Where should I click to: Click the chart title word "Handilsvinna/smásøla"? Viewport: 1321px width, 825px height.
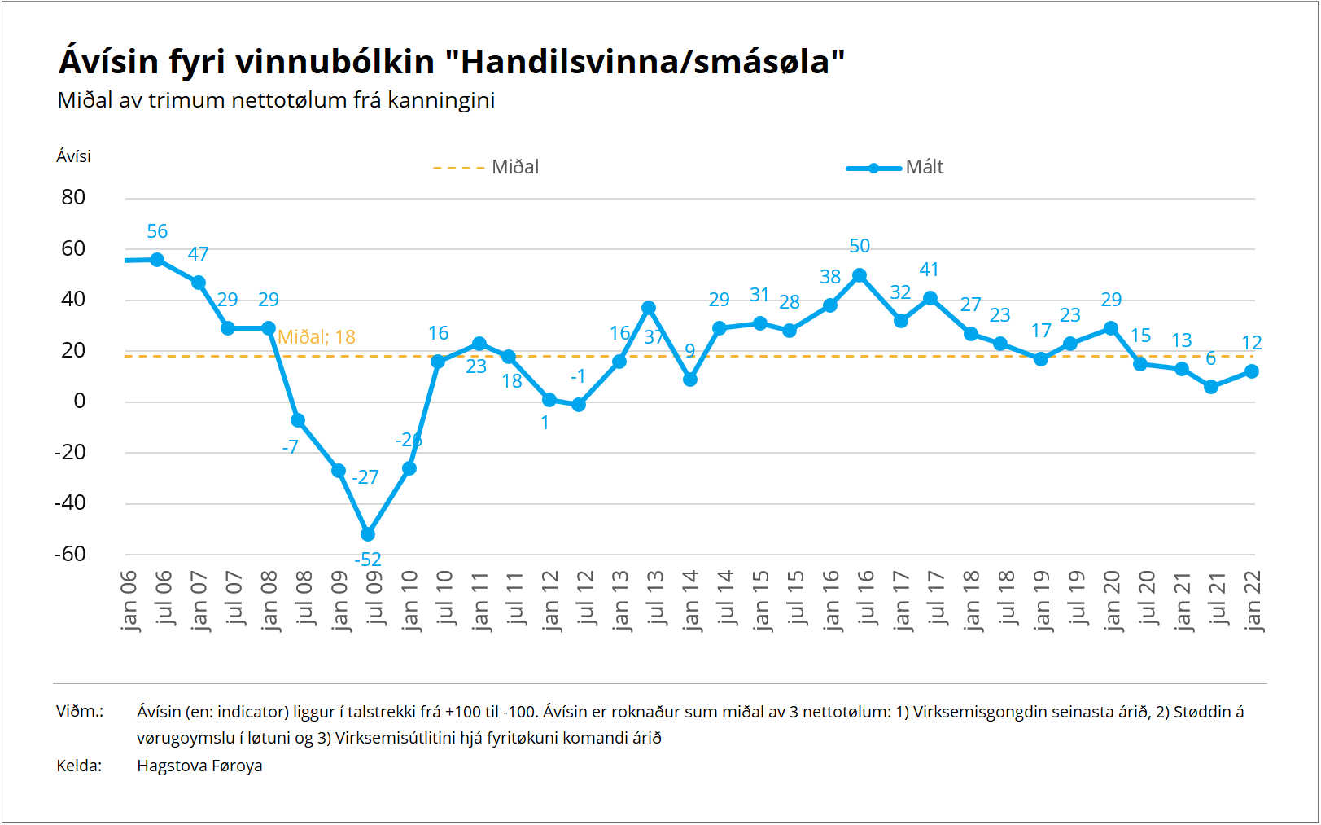(x=645, y=62)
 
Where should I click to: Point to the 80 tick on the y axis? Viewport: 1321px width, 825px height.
(x=73, y=197)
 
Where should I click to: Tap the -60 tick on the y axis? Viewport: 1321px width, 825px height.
(x=70, y=554)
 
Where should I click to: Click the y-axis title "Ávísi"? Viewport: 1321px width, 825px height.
(x=73, y=156)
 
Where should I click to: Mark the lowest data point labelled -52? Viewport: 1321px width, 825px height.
(x=368, y=534)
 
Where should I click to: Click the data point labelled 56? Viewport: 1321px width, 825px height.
(x=157, y=260)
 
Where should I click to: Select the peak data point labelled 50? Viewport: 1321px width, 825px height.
(x=860, y=275)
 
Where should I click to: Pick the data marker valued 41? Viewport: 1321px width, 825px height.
(x=930, y=298)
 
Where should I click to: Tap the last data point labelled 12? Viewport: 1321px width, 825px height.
(x=1252, y=371)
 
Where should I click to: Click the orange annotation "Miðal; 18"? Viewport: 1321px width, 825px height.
(x=317, y=337)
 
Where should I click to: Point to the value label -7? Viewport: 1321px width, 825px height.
(x=291, y=447)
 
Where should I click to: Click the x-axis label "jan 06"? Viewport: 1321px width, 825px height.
(x=129, y=600)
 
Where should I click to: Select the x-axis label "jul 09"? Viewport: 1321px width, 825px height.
(x=374, y=599)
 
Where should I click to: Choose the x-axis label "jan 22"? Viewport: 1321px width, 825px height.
(x=1253, y=600)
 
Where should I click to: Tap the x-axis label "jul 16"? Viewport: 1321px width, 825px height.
(x=866, y=599)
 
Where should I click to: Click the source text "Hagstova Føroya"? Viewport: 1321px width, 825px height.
(x=199, y=766)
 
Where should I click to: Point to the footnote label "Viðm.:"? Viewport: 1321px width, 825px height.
(x=80, y=711)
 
